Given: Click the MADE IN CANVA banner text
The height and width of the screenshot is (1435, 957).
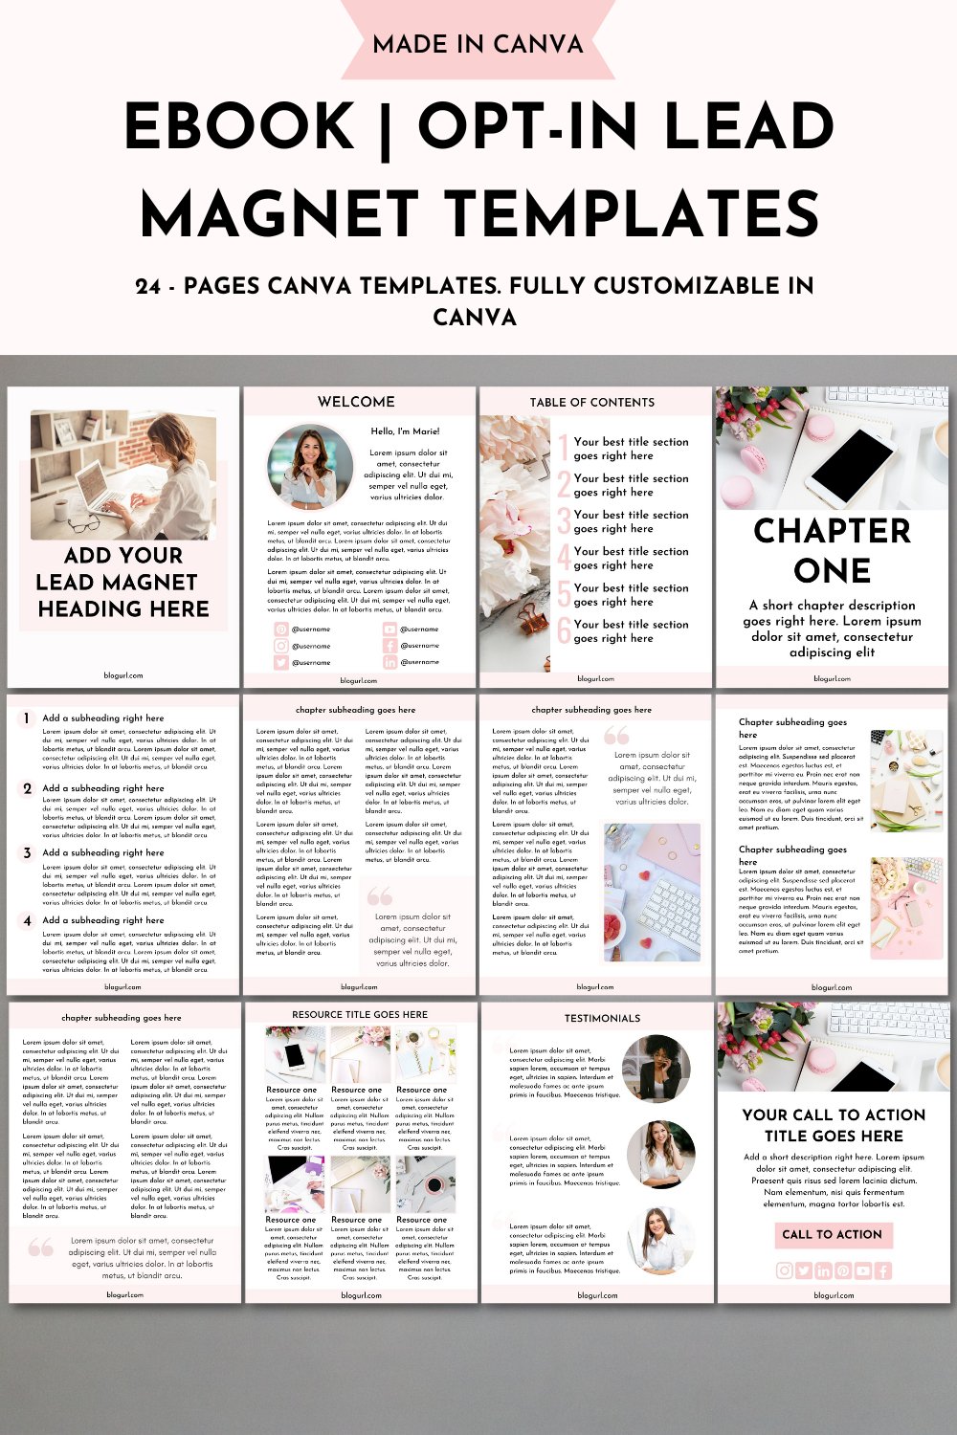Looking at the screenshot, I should pyautogui.click(x=478, y=44).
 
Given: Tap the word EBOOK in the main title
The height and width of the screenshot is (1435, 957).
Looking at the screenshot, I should pyautogui.click(x=239, y=127).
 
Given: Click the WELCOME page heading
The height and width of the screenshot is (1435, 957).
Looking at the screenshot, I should pyautogui.click(x=356, y=402).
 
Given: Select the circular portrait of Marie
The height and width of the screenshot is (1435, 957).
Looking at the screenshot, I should pyautogui.click(x=310, y=467).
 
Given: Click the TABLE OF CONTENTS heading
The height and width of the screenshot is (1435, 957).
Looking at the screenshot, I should pyautogui.click(x=592, y=403).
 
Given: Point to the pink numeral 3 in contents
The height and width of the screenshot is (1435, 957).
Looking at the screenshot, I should pyautogui.click(x=564, y=521).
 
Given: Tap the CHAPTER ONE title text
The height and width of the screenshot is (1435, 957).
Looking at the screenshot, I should pyautogui.click(x=832, y=550).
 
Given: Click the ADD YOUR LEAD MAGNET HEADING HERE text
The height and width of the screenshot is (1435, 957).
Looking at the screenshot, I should pyautogui.click(x=122, y=582).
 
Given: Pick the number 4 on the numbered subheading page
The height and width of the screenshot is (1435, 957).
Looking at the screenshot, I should pyautogui.click(x=27, y=920).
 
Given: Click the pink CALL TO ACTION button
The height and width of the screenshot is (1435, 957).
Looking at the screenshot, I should pyautogui.click(x=833, y=1234).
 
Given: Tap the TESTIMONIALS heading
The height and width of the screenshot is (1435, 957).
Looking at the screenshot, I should pyautogui.click(x=602, y=1018).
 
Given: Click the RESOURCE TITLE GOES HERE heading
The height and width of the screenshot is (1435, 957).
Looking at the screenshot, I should pyautogui.click(x=360, y=1014).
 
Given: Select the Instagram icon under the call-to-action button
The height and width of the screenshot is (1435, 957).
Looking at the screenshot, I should pyautogui.click(x=784, y=1270).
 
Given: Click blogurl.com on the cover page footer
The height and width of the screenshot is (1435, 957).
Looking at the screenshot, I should pyautogui.click(x=123, y=675).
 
